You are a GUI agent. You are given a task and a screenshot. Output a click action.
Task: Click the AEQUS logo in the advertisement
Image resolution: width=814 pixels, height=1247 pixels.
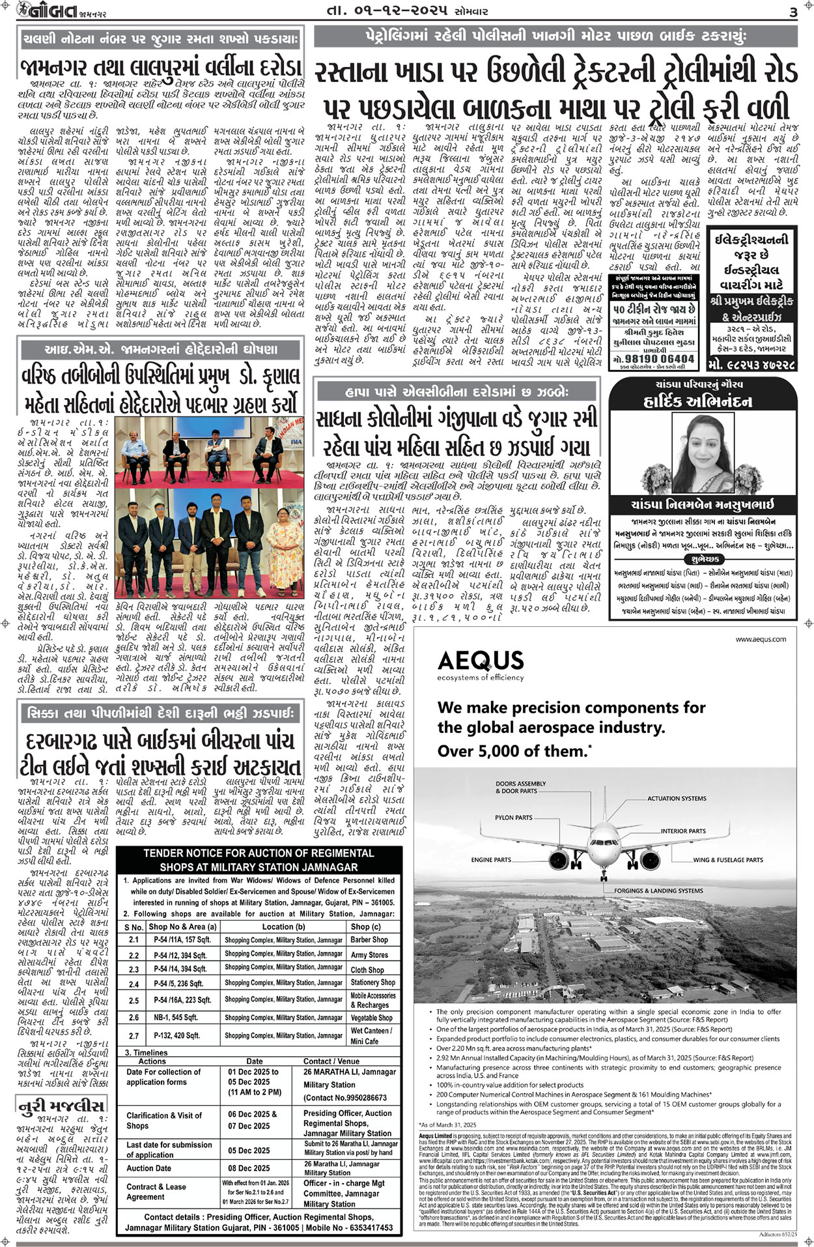(481, 661)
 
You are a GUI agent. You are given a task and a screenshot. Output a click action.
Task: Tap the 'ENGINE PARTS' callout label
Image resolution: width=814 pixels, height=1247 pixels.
(491, 859)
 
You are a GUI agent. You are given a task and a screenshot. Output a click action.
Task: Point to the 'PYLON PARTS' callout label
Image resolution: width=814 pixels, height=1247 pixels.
(513, 817)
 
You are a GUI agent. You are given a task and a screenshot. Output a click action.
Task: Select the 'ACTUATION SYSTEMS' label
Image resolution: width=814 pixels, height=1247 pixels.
(676, 798)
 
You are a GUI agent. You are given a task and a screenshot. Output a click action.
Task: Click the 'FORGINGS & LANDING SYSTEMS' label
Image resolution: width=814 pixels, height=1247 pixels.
(658, 890)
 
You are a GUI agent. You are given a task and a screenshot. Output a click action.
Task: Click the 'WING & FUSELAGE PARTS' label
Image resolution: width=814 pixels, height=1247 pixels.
(727, 859)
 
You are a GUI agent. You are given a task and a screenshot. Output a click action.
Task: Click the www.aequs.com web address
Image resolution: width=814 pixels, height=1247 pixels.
(761, 639)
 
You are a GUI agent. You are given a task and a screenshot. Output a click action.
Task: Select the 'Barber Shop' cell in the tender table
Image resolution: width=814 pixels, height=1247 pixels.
(369, 939)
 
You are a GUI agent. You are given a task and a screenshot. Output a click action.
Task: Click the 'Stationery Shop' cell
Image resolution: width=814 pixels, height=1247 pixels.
(372, 982)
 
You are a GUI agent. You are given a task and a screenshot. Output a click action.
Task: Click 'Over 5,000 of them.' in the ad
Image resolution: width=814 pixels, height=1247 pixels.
(514, 751)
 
